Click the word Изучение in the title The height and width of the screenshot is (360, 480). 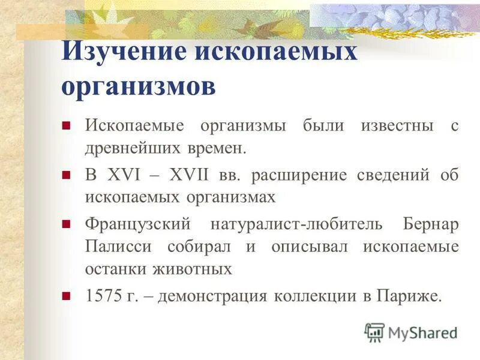(x=124, y=52)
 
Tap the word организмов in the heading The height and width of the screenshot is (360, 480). (x=138, y=86)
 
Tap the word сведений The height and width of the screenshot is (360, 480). (x=396, y=176)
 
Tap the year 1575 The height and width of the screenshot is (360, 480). (x=103, y=296)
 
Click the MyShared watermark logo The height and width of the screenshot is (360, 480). (x=412, y=332)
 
